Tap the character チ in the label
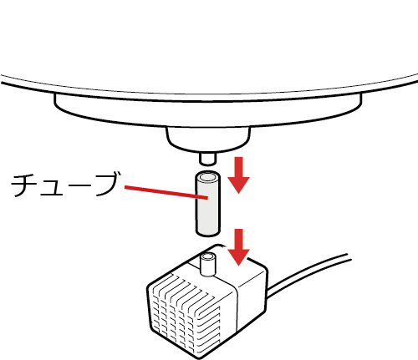pyautogui.click(x=24, y=185)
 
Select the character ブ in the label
pyautogui.click(x=107, y=184)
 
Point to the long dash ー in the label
pyautogui.click(x=80, y=185)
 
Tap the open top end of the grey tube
pyautogui.click(x=208, y=177)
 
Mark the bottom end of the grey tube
pyautogui.click(x=208, y=233)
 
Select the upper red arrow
pyautogui.click(x=238, y=175)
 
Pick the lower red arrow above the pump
pyautogui.click(x=238, y=247)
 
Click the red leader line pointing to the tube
pyautogui.click(x=166, y=192)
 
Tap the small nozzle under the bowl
pyautogui.click(x=207, y=159)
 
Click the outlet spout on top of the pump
pyautogui.click(x=208, y=264)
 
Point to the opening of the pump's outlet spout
pyautogui.click(x=208, y=256)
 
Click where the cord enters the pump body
pyautogui.click(x=267, y=292)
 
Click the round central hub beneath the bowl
pyautogui.click(x=208, y=139)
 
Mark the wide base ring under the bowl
pyautogui.click(x=208, y=110)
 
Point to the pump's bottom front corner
pyautogui.click(x=198, y=357)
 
